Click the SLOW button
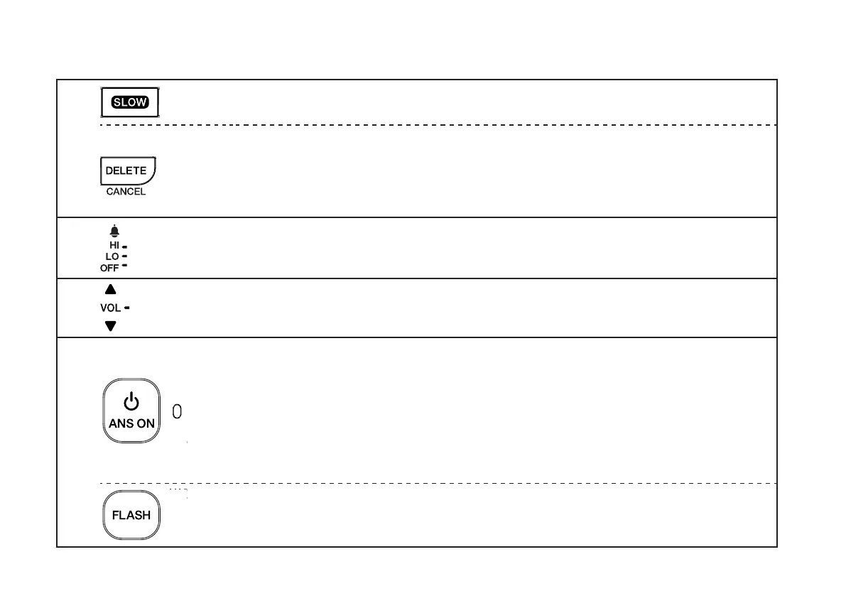click(x=129, y=102)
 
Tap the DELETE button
click(x=126, y=171)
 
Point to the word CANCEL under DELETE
click(x=126, y=192)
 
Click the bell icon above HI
click(x=114, y=231)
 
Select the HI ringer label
click(x=114, y=245)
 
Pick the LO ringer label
click(x=112, y=256)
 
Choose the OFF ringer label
click(x=109, y=268)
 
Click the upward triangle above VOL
click(x=110, y=290)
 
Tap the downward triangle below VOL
click(x=110, y=326)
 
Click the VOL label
click(x=110, y=308)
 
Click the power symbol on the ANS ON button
click(x=131, y=403)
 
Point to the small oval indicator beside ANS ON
click(x=178, y=411)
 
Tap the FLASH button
click(x=131, y=516)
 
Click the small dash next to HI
click(x=124, y=246)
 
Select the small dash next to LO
click(x=124, y=256)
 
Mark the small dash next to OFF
click(x=124, y=266)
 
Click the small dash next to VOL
click(x=126, y=308)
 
